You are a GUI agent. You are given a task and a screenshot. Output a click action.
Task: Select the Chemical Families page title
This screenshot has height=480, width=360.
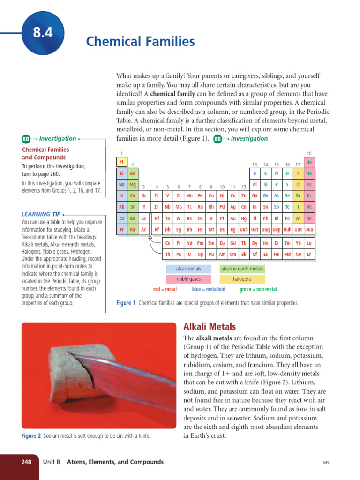coord(140,42)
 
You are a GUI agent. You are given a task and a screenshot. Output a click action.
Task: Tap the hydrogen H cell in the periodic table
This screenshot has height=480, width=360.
coord(121,162)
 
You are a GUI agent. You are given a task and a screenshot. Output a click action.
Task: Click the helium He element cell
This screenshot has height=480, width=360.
coord(309,162)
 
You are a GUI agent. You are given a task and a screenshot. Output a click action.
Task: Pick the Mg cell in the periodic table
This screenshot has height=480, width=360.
coord(133,185)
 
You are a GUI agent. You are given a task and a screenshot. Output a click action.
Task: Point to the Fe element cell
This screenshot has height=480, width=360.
coord(200,196)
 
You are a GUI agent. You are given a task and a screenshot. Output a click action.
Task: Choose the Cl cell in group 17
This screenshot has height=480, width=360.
coord(298,185)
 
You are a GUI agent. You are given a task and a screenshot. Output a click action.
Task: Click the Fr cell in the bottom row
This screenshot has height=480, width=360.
coord(121,230)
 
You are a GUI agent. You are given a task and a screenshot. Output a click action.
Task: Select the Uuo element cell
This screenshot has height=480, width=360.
coord(309,230)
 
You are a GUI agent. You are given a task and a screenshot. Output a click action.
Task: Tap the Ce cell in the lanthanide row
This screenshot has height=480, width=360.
coord(168,243)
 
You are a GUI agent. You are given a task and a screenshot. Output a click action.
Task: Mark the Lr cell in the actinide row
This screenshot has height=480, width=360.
coord(309,255)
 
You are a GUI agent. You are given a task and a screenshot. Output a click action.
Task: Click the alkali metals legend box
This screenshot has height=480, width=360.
coord(188,269)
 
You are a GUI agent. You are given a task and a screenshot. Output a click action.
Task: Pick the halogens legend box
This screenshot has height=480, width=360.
coord(242,279)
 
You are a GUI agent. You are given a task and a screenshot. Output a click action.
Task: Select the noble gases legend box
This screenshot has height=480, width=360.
coord(188,279)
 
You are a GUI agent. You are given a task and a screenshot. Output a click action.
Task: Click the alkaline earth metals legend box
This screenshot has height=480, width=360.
coord(242,269)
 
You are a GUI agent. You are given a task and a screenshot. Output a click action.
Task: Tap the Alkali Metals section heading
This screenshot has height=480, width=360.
coord(210,327)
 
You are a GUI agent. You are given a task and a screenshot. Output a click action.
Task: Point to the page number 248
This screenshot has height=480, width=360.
coord(26,462)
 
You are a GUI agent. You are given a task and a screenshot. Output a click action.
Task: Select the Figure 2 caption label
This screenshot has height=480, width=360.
coord(31,436)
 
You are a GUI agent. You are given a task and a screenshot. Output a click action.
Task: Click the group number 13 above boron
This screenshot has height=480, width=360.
coord(255,165)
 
